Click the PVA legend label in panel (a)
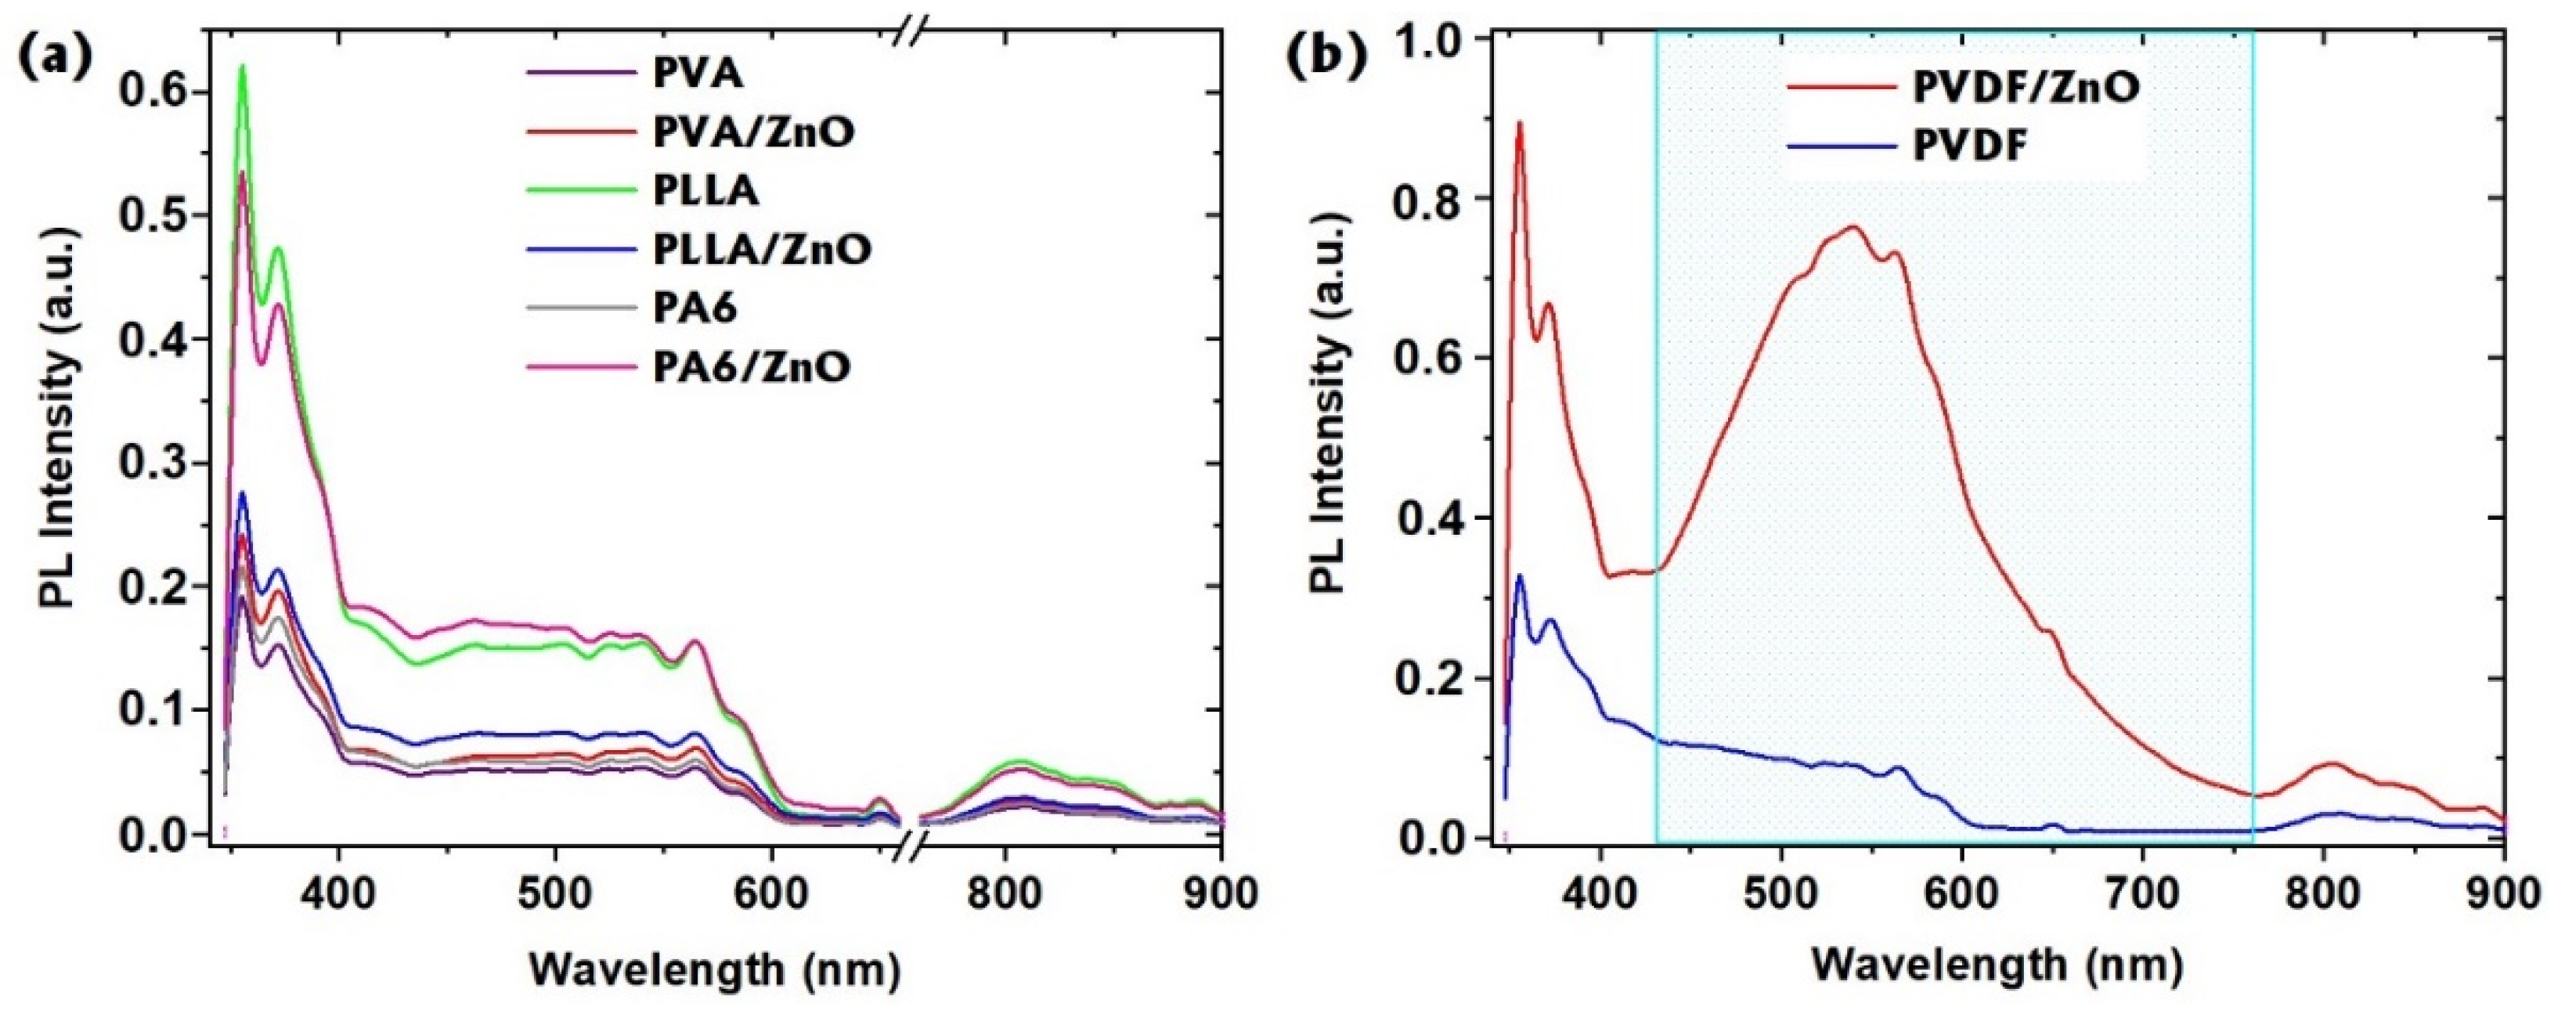(x=689, y=74)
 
